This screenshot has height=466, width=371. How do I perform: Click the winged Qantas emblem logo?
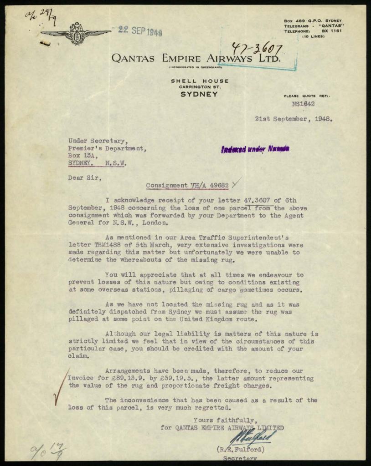tap(76, 33)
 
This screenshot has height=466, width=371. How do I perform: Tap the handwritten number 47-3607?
tap(257, 49)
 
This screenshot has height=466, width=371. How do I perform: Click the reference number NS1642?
tap(304, 104)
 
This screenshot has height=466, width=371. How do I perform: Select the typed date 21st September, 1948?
tap(294, 119)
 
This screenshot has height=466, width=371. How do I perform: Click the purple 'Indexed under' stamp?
tap(255, 149)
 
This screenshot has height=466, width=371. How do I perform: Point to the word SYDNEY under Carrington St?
tap(199, 94)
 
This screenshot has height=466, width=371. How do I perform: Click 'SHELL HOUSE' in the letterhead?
tap(200, 81)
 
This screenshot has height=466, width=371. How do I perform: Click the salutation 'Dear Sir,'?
tap(85, 178)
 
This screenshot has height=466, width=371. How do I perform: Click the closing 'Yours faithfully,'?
tap(225, 420)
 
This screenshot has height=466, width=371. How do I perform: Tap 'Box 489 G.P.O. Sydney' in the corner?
tap(312, 21)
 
